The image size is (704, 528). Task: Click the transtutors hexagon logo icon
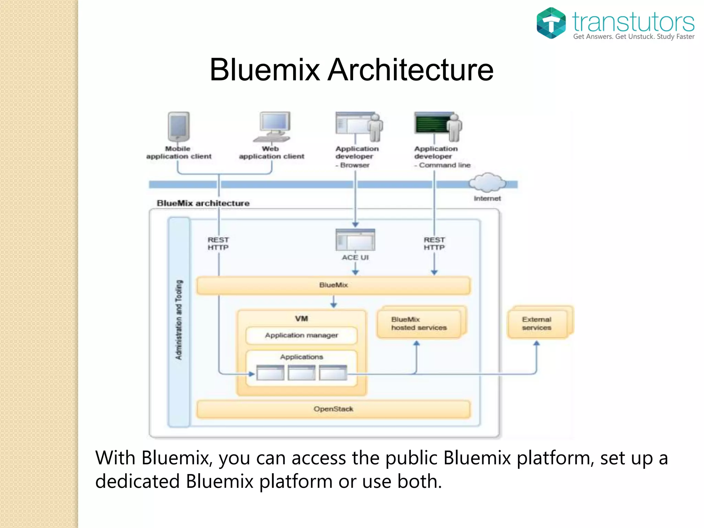(551, 23)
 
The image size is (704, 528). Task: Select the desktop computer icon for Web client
(273, 126)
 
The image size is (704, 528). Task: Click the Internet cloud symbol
(487, 183)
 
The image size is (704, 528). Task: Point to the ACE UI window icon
(355, 240)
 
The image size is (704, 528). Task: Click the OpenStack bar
(333, 409)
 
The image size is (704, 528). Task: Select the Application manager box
(301, 335)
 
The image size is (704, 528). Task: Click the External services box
(537, 324)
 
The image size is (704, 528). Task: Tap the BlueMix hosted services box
(419, 324)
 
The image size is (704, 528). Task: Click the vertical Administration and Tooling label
(179, 320)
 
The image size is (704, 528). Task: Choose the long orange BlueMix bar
(333, 285)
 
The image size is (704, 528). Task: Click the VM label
(301, 319)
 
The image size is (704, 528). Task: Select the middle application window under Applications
(301, 373)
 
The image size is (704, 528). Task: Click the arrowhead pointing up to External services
(537, 343)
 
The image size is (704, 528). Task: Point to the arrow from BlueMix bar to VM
(333, 302)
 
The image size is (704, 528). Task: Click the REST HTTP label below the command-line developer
(434, 244)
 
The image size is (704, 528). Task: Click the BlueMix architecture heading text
(203, 203)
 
